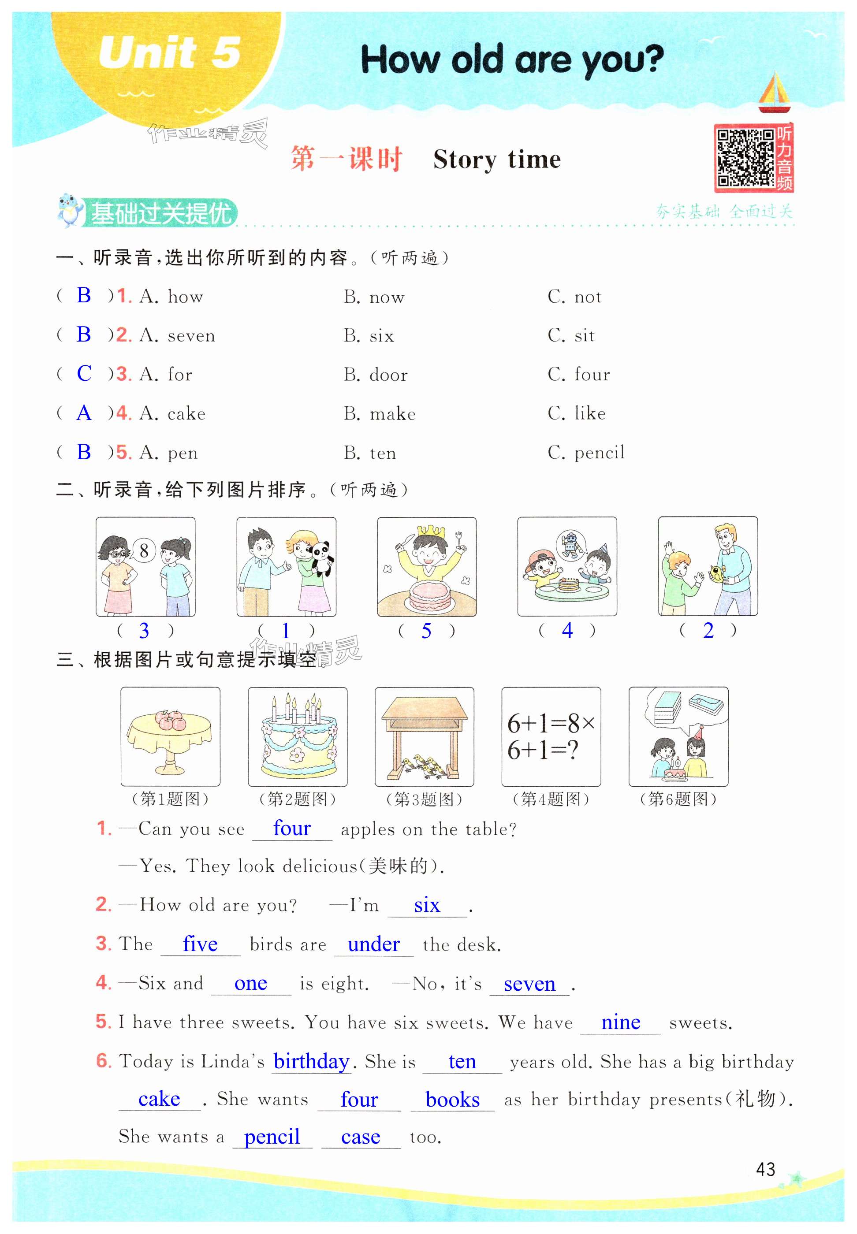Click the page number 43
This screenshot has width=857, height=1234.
click(x=765, y=1168)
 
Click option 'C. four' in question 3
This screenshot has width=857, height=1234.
click(x=579, y=374)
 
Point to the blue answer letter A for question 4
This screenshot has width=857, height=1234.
click(x=84, y=413)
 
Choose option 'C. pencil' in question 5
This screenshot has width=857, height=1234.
click(x=586, y=453)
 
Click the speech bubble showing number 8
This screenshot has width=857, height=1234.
click(x=144, y=550)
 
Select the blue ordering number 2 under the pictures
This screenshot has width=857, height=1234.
click(x=708, y=631)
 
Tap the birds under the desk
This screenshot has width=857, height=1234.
click(x=425, y=766)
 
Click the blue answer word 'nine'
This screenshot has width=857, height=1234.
click(x=620, y=1022)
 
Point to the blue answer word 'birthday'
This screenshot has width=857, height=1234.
click(x=311, y=1061)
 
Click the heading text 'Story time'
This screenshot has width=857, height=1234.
click(x=497, y=160)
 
